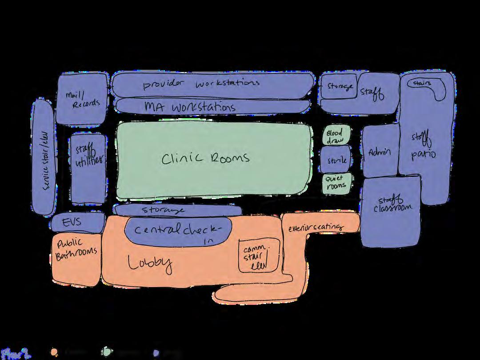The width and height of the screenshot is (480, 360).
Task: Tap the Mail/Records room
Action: coord(82,99)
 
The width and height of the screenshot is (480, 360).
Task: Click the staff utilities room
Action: coord(88,168)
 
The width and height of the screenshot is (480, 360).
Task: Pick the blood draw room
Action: coord(336,136)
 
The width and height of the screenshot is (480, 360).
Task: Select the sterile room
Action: coord(336,160)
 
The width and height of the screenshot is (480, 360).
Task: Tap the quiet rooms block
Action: coord(336,183)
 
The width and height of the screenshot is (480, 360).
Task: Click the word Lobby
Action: coord(150,263)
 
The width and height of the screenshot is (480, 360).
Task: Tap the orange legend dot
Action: coord(54,352)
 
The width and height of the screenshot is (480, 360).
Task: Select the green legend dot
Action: coord(106,352)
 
